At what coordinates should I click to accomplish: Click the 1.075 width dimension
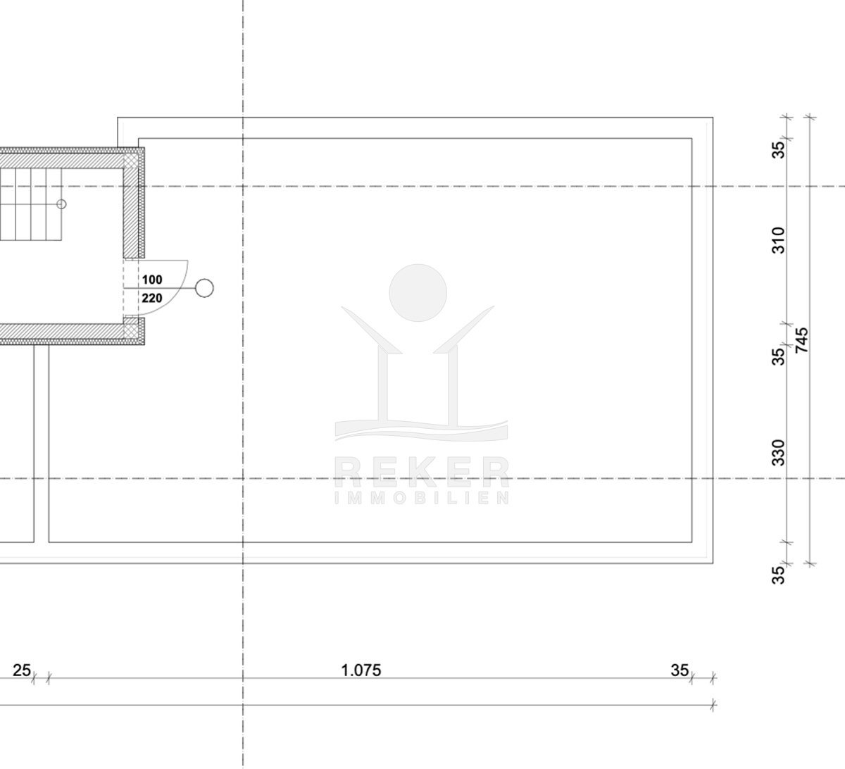tap(361, 670)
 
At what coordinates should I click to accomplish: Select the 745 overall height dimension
tap(802, 340)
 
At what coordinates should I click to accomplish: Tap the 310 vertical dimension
tap(778, 240)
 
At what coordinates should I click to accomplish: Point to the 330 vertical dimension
tap(778, 453)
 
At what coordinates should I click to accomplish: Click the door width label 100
tap(152, 280)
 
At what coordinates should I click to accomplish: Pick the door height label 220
tap(152, 299)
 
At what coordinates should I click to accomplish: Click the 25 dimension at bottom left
tap(22, 670)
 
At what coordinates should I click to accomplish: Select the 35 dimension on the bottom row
tap(680, 670)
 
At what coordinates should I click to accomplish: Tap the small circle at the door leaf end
tap(205, 288)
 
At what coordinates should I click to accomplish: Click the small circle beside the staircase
tap(61, 204)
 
